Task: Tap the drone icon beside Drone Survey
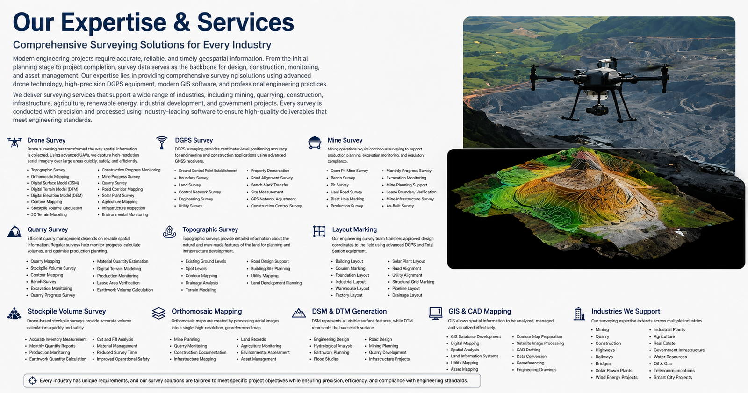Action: pyautogui.click(x=14, y=142)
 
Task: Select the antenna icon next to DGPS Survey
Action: pyautogui.click(x=162, y=143)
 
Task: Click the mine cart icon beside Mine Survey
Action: pyautogui.click(x=315, y=143)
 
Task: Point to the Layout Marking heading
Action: pyautogui.click(x=354, y=229)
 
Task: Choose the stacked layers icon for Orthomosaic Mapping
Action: pyautogui.click(x=158, y=313)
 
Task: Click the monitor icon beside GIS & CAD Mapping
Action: pyautogui.click(x=435, y=314)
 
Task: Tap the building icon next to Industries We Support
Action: pyautogui.click(x=579, y=314)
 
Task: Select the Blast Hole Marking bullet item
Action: pyautogui.click(x=347, y=199)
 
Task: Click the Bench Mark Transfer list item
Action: pyautogui.click(x=269, y=185)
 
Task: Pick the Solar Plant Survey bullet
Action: pyautogui.click(x=118, y=196)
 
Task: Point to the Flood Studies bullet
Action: pyautogui.click(x=326, y=359)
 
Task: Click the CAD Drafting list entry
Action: pyautogui.click(x=528, y=350)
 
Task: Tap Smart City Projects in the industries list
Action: pyautogui.click(x=673, y=377)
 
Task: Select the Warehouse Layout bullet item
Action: pyautogui.click(x=352, y=288)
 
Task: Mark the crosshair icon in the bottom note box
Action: pyautogui.click(x=32, y=381)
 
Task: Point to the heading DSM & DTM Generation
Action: pyautogui.click(x=349, y=311)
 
